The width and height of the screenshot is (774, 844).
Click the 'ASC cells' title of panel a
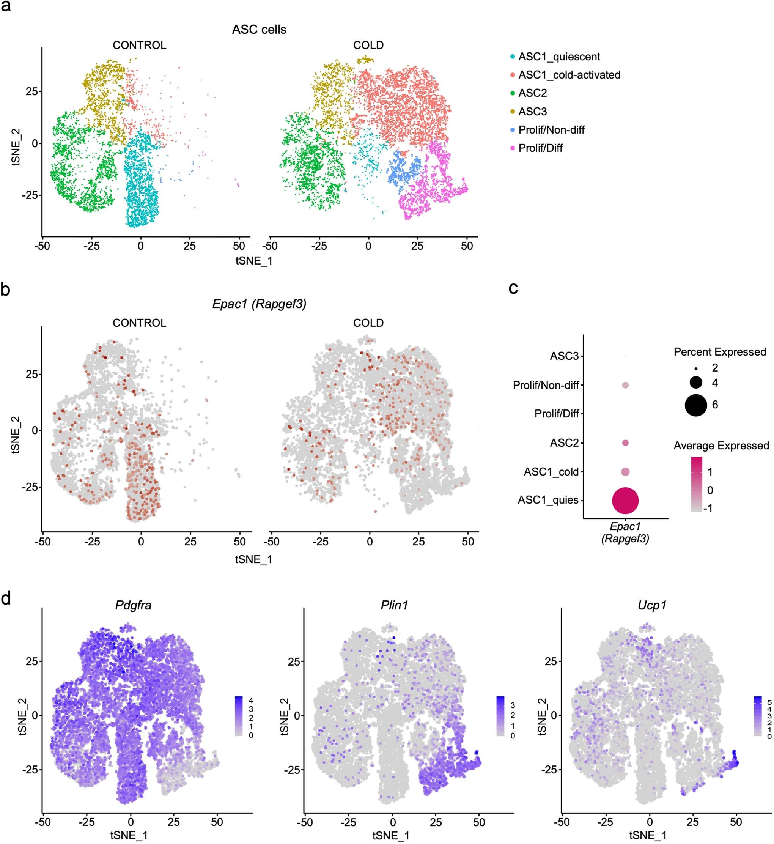pos(259,30)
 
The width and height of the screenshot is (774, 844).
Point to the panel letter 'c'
pos(513,288)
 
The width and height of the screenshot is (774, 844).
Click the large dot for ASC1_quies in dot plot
pos(625,500)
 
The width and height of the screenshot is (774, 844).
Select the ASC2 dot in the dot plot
pos(625,443)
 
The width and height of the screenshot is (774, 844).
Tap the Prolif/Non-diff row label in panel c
pos(545,385)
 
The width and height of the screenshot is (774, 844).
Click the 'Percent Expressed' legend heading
pos(719,352)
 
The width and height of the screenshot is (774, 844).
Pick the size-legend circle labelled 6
pos(696,405)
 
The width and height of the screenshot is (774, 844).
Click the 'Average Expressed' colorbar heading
pos(721,446)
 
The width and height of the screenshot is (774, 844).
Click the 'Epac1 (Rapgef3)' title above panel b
pos(259,304)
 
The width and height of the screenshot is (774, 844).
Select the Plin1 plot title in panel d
pos(394,605)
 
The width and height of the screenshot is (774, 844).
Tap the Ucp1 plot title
pos(651,605)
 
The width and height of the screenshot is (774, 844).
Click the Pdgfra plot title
pos(133,605)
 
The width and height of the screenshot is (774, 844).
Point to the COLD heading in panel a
pos(368,45)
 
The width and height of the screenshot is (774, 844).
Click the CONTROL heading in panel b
pos(140,323)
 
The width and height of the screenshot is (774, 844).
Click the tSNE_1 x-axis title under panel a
pos(254,261)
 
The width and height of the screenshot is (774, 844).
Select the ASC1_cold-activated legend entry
pos(569,75)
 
